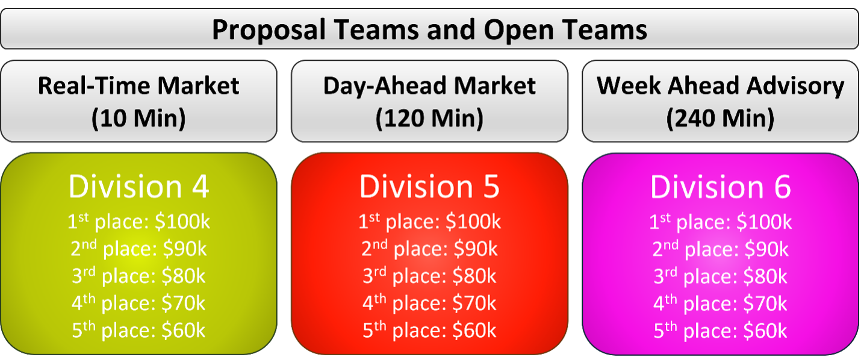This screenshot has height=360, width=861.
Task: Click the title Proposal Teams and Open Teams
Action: pyautogui.click(x=429, y=30)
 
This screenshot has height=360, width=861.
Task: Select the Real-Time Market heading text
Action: pyautogui.click(x=138, y=85)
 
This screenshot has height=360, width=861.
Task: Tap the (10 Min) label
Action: pyautogui.click(x=138, y=118)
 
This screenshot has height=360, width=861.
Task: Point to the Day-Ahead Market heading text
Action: pyautogui.click(x=429, y=86)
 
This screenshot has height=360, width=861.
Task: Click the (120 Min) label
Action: pyautogui.click(x=429, y=118)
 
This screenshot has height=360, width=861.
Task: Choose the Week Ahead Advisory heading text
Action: pyautogui.click(x=720, y=86)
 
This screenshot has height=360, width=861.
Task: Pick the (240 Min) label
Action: pyautogui.click(x=720, y=118)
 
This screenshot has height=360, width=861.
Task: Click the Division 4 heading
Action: pyautogui.click(x=138, y=187)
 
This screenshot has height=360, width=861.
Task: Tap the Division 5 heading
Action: pyautogui.click(x=429, y=187)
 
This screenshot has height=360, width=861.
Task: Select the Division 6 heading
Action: pyautogui.click(x=720, y=187)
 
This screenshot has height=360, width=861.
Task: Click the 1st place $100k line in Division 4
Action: pyautogui.click(x=138, y=222)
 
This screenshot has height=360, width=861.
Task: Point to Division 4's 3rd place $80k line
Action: pyautogui.click(x=138, y=276)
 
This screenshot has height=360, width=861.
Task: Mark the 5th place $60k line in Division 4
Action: pyautogui.click(x=138, y=330)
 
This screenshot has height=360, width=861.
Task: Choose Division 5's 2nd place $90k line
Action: pyautogui.click(x=429, y=249)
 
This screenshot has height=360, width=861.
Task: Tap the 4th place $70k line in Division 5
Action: pyautogui.click(x=429, y=303)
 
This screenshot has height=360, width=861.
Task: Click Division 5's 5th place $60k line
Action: pyautogui.click(x=429, y=330)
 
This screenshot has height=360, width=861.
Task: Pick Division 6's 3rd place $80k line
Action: pyautogui.click(x=720, y=276)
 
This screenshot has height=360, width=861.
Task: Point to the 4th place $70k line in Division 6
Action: pyautogui.click(x=720, y=303)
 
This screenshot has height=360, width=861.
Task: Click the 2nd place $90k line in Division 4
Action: pyautogui.click(x=138, y=249)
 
